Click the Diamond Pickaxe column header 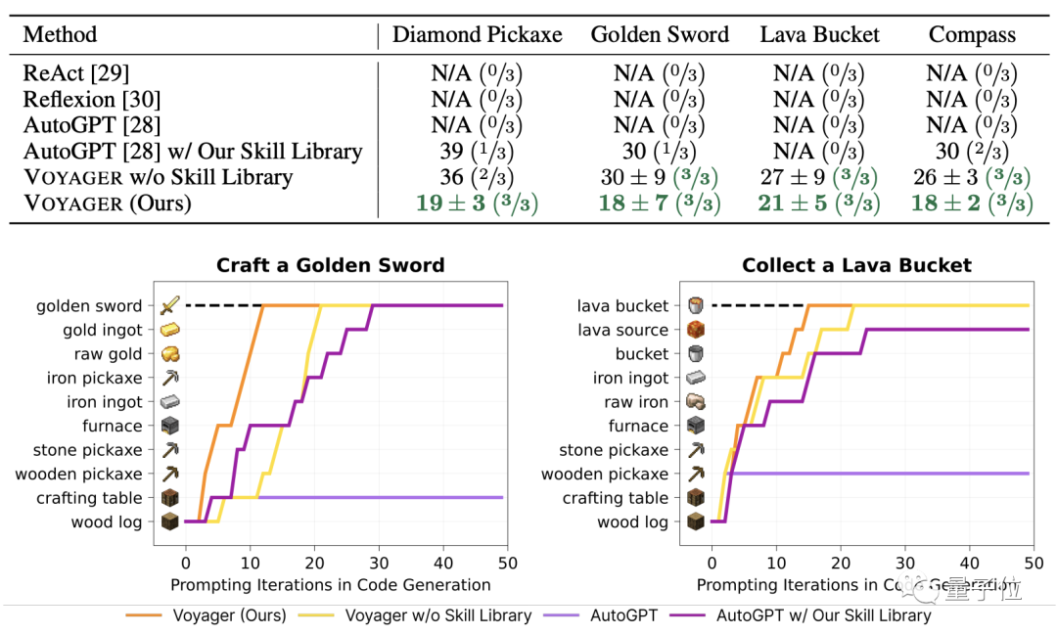477,35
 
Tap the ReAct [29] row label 76,73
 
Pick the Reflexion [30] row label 92,99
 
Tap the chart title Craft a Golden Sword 330,265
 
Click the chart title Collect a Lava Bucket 856,265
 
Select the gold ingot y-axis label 103,330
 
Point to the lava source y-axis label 623,330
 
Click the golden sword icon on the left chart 170,305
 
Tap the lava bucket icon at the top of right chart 696,305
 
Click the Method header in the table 60,35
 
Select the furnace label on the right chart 638,426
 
